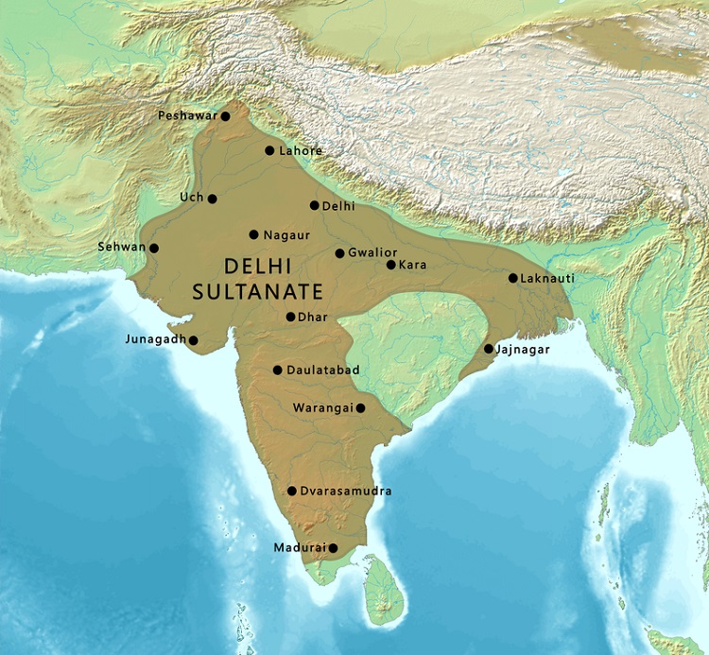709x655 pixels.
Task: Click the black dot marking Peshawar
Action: click(x=225, y=116)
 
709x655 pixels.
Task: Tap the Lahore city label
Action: click(x=302, y=151)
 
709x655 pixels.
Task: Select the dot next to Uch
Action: click(x=213, y=198)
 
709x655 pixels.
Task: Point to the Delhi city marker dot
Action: click(x=314, y=205)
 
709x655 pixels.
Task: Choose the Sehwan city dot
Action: click(x=154, y=249)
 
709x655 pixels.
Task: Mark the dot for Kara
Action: click(x=390, y=265)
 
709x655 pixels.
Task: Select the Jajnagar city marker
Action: click(x=488, y=349)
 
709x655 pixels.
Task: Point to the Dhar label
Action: click(x=313, y=318)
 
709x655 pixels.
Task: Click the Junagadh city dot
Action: click(x=193, y=340)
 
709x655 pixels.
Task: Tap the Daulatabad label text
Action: click(x=323, y=371)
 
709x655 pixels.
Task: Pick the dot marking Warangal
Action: click(x=360, y=408)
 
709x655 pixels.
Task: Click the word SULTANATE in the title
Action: click(x=258, y=291)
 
